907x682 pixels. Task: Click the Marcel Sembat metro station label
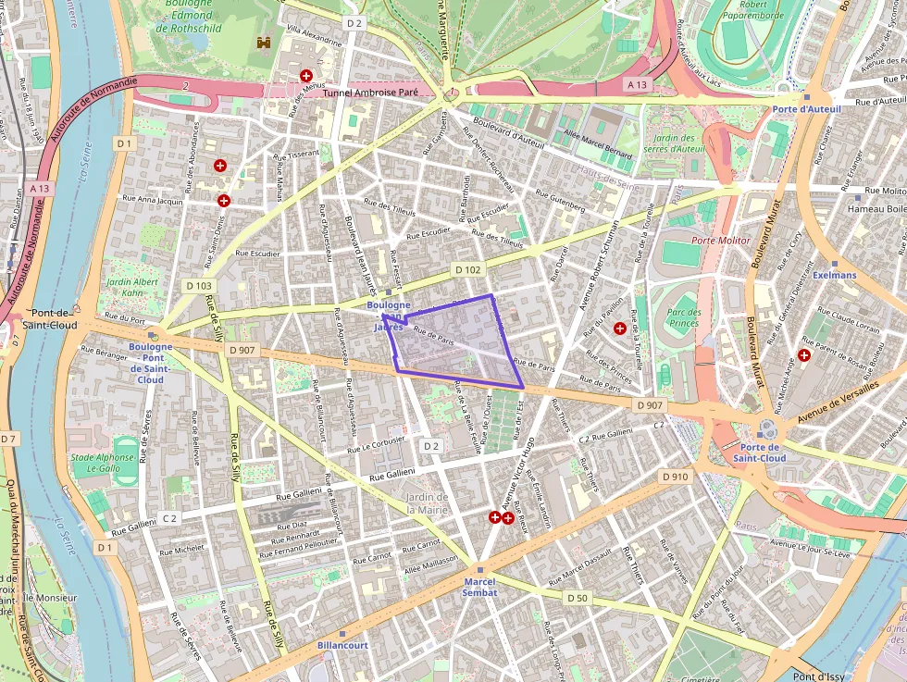479,587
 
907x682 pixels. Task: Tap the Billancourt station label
342,645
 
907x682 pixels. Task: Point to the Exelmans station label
835,275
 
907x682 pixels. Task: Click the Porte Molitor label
721,241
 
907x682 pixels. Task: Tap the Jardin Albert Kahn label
132,287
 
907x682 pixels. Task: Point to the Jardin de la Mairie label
427,502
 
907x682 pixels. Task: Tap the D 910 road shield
676,476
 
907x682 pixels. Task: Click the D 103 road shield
197,286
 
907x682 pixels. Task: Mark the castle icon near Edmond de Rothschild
265,43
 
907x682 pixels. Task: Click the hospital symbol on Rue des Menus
305,76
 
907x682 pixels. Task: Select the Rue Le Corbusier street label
378,441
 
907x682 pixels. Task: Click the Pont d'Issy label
818,676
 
